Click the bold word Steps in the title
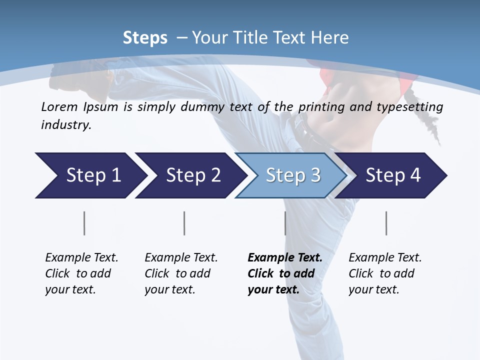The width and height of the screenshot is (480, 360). (145, 38)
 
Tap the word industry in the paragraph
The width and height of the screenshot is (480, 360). (65, 125)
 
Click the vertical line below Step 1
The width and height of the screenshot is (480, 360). (84, 223)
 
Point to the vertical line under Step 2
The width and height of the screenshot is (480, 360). (184, 223)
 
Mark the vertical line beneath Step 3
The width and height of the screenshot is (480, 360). (285, 223)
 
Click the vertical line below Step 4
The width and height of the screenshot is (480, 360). (386, 223)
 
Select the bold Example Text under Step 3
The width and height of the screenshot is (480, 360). (285, 258)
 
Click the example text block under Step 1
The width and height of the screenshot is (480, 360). (81, 273)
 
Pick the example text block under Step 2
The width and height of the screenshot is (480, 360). (181, 273)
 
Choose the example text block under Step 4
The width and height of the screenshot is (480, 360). (385, 273)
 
